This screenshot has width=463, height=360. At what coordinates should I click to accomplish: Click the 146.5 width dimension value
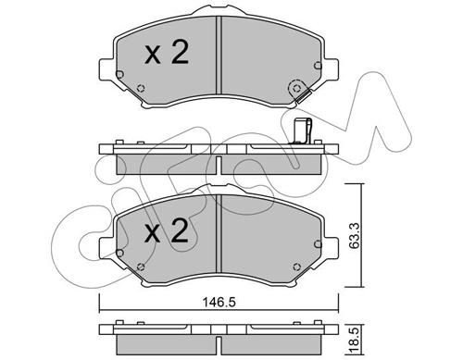pyautogui.click(x=219, y=303)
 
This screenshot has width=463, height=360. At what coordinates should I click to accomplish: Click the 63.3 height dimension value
pyautogui.click(x=355, y=235)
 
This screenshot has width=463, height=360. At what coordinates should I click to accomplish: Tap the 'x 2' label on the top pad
pyautogui.click(x=167, y=54)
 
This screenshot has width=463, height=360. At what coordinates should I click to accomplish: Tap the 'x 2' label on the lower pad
pyautogui.click(x=167, y=231)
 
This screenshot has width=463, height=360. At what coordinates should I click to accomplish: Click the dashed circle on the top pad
pyautogui.click(x=296, y=89)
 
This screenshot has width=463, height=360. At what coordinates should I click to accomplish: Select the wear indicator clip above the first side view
pyautogui.click(x=302, y=131)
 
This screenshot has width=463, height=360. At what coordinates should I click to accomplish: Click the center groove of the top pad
pyautogui.click(x=219, y=55)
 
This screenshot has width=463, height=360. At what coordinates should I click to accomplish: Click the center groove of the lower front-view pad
pyautogui.click(x=219, y=233)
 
